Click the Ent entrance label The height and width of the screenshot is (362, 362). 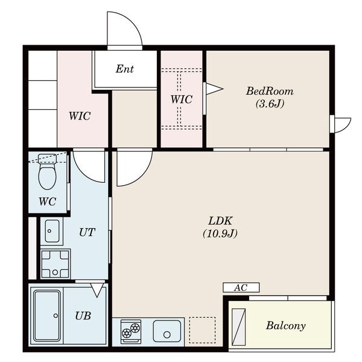125,69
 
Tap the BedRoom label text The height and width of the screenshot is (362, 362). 270,91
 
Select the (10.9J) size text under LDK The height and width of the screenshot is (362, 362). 220,233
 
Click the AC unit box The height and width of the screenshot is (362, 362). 241,287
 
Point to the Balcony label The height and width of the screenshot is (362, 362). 285,326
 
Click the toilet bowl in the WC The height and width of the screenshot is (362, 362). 48,176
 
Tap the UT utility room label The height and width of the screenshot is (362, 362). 87,232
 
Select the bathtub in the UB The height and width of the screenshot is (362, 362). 47,316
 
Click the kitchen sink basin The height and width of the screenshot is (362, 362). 167,331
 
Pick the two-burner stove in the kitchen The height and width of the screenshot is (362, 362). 131,331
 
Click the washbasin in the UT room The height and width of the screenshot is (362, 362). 52,231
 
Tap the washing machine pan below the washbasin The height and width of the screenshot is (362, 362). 55,264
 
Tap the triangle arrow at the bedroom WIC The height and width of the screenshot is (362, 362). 214,89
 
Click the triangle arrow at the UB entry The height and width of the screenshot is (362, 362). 97,290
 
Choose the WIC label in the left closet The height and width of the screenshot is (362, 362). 80,116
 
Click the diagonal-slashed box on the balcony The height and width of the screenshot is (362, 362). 238,328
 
